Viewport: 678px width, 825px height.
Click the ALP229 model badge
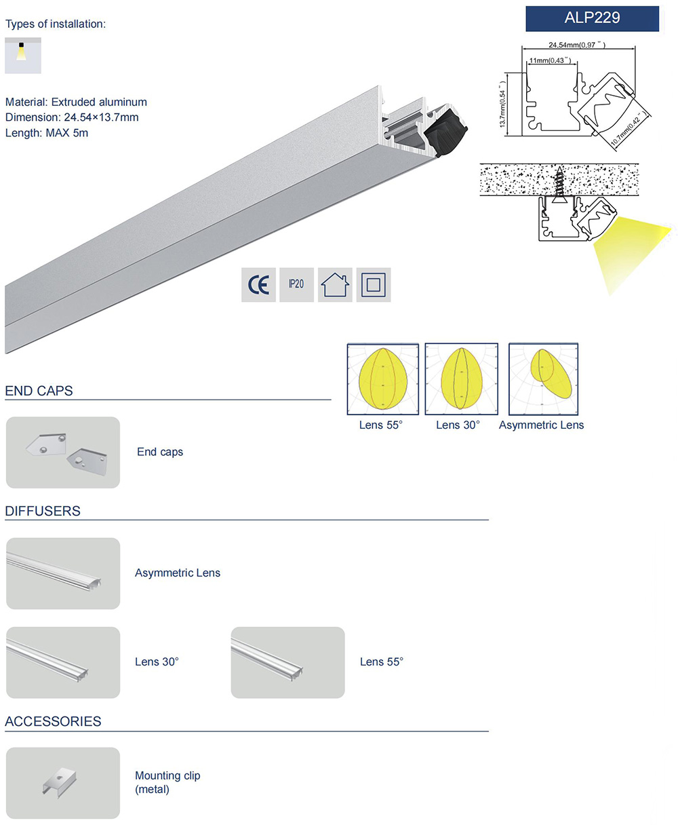(x=592, y=18)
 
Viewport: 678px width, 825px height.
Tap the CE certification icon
(x=258, y=284)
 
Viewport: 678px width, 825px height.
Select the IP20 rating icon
(x=296, y=284)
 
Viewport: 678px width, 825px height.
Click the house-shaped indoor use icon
(x=335, y=284)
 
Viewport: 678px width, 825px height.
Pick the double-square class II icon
(x=373, y=284)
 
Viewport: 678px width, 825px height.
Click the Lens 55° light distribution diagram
(x=383, y=379)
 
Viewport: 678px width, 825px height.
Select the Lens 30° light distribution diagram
(x=461, y=379)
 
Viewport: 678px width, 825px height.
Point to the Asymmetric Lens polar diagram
(x=543, y=379)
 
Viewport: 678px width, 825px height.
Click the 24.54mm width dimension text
(x=576, y=45)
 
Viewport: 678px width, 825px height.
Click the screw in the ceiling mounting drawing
(x=560, y=183)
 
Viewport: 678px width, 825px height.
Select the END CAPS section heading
(x=39, y=391)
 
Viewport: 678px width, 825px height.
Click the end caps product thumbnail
(x=63, y=452)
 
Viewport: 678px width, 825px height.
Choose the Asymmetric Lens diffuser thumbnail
(x=63, y=573)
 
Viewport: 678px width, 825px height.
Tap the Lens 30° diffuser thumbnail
(x=63, y=662)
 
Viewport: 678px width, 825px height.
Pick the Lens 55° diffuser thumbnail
(x=287, y=662)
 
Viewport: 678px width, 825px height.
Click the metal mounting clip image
(x=63, y=783)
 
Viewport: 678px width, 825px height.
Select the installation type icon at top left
(x=22, y=55)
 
